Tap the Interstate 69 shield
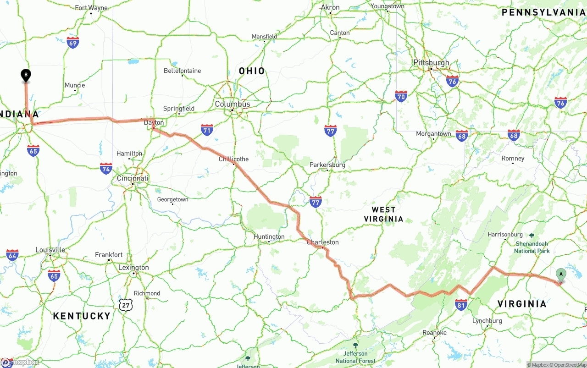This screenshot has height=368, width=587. pos(72,43)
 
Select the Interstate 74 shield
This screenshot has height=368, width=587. pos(106,168)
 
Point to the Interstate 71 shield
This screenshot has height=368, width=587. pos(207,130)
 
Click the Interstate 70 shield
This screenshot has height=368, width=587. pos(401,96)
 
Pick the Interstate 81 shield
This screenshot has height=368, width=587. pos(461,305)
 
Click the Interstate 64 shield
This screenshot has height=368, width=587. pos(12,255)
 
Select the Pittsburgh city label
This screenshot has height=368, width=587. pos(431,63)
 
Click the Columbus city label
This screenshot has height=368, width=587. pos(233,104)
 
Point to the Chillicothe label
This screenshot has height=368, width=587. pos(233,159)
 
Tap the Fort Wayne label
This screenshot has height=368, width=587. pos(91,8)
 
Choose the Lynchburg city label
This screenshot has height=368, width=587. pos(487,321)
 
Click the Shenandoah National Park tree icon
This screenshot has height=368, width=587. pos(532,236)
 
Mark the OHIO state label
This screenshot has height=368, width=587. pos(252,71)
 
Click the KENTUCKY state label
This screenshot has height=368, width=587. pos(82,316)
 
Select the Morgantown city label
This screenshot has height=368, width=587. pos(433,134)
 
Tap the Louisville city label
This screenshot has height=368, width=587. pos(50,250)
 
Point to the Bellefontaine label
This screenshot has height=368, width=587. pos(182,71)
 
